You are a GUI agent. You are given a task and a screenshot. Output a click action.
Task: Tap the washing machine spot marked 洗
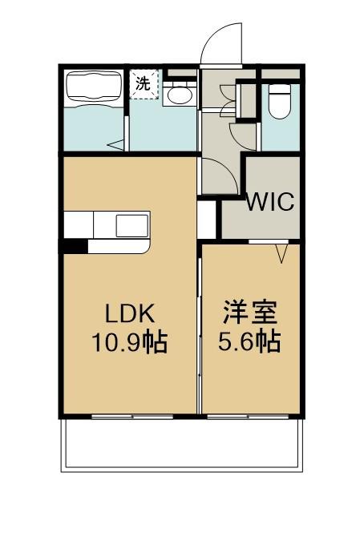144,84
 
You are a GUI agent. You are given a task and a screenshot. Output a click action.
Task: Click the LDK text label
127,313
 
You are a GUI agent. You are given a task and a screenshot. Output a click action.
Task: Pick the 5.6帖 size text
249,343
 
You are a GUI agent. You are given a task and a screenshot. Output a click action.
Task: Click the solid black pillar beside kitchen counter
75,246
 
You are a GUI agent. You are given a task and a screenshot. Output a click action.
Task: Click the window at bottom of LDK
132,416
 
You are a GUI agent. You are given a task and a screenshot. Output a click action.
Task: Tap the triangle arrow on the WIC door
282,255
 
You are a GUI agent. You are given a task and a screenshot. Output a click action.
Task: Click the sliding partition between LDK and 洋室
199,329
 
